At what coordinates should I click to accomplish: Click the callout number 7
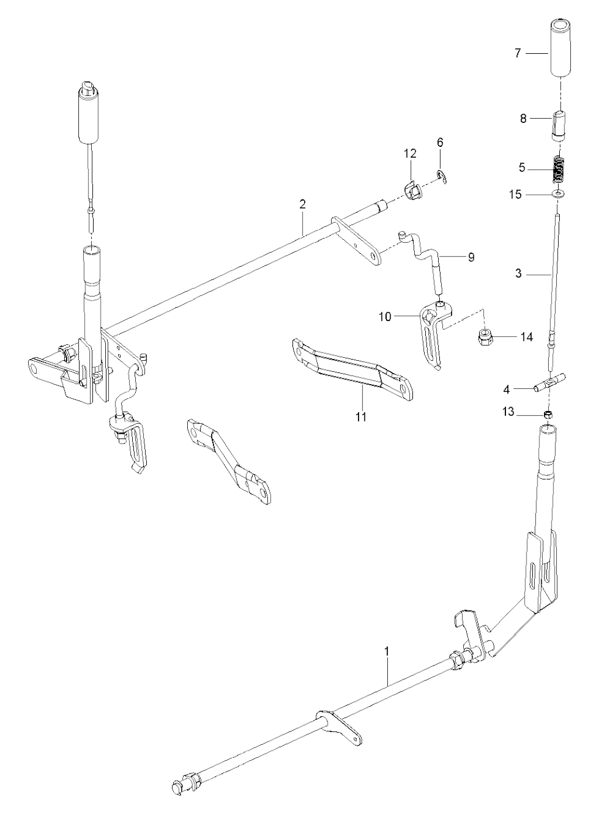(518, 53)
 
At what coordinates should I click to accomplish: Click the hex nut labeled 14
(485, 337)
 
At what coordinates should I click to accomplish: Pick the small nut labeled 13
(549, 415)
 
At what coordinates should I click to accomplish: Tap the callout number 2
(302, 205)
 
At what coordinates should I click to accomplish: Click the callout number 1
(387, 650)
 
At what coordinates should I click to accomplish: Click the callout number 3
(518, 273)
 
